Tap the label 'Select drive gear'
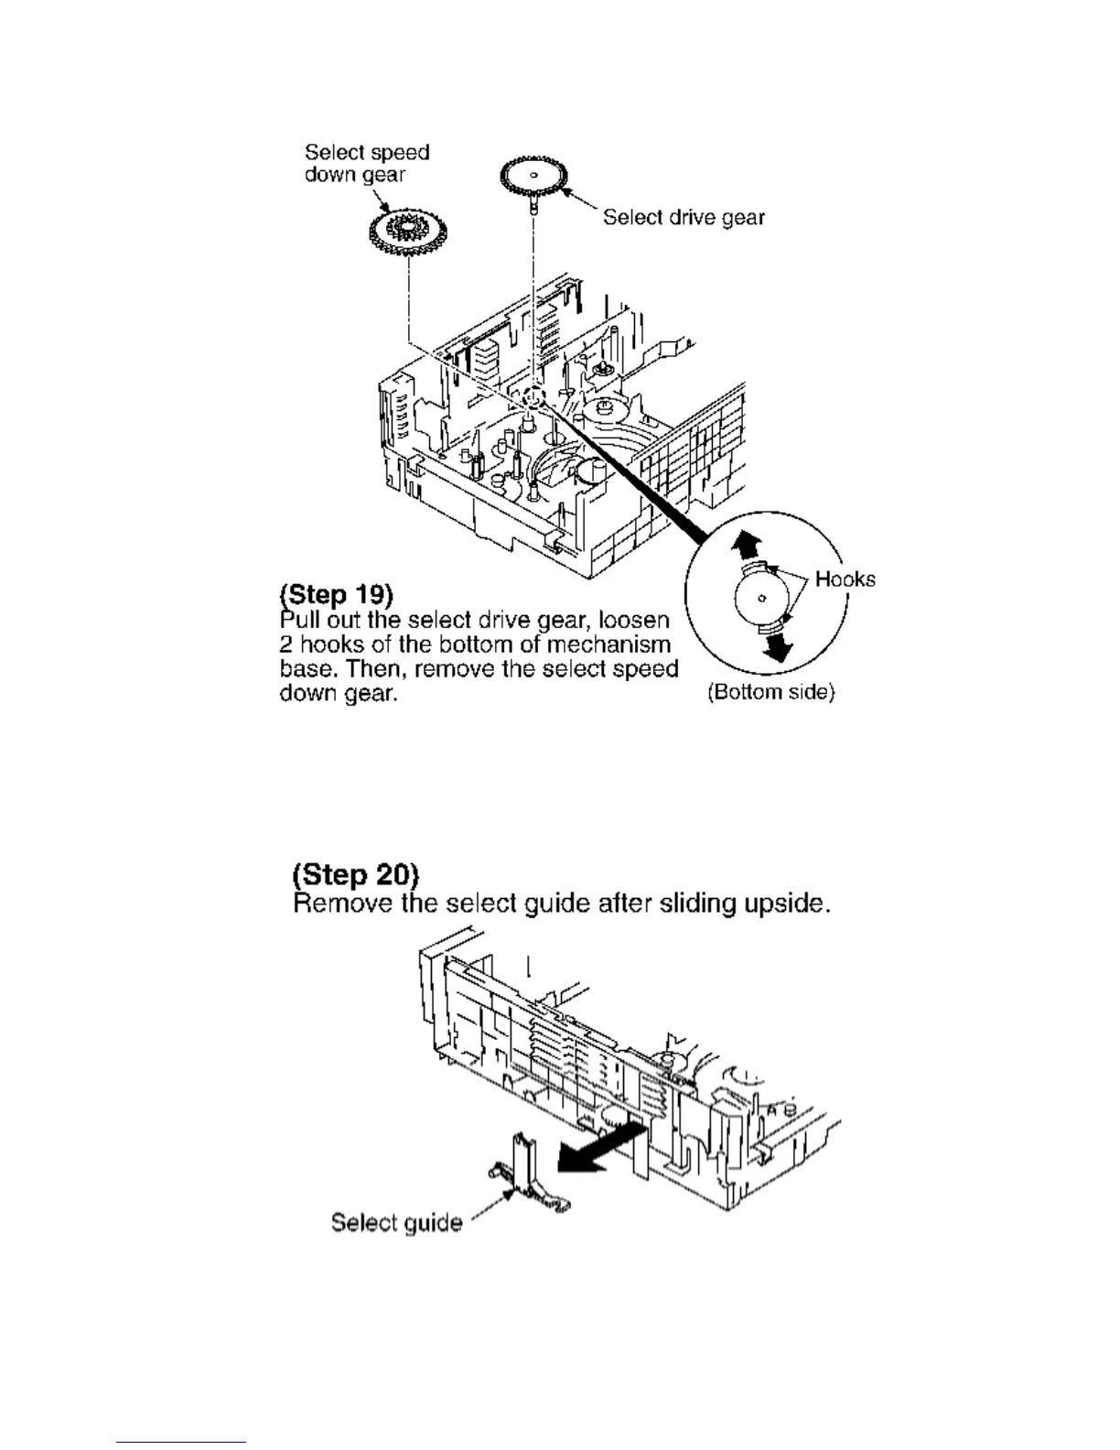[683, 218]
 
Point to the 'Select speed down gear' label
[366, 163]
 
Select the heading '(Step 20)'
[354, 875]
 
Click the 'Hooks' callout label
[845, 579]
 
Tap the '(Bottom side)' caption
[770, 692]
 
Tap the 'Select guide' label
[396, 1223]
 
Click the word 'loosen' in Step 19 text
[637, 620]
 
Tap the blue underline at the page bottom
[182, 1443]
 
